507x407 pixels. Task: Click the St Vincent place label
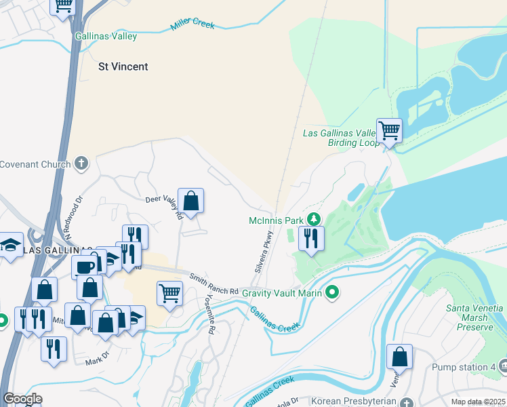[123, 66]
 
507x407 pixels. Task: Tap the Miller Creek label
[192, 25]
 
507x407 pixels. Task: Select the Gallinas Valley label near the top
[106, 36]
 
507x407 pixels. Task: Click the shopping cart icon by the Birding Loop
[389, 129]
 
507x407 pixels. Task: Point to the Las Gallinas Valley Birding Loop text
[340, 138]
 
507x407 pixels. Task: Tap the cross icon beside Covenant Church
[81, 163]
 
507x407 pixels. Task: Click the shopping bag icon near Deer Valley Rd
[190, 200]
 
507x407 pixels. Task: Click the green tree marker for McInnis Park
[313, 219]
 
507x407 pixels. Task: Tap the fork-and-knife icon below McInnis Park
[311, 238]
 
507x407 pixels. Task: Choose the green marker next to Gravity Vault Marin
[331, 292]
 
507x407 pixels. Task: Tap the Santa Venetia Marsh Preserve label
[470, 317]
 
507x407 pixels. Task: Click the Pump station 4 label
[464, 367]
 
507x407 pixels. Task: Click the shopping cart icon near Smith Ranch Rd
[169, 293]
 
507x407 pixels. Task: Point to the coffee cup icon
[85, 265]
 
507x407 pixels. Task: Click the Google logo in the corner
[22, 398]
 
